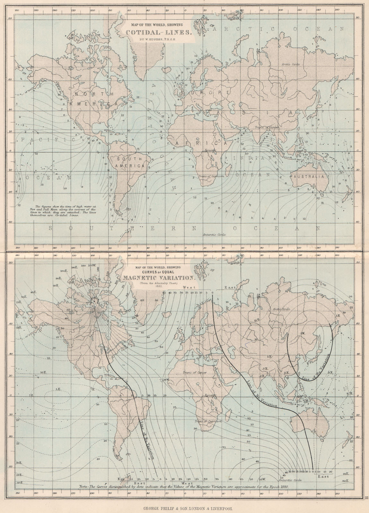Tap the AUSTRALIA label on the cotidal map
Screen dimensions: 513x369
[x=310, y=177]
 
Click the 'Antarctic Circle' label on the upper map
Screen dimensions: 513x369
[x=214, y=235]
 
